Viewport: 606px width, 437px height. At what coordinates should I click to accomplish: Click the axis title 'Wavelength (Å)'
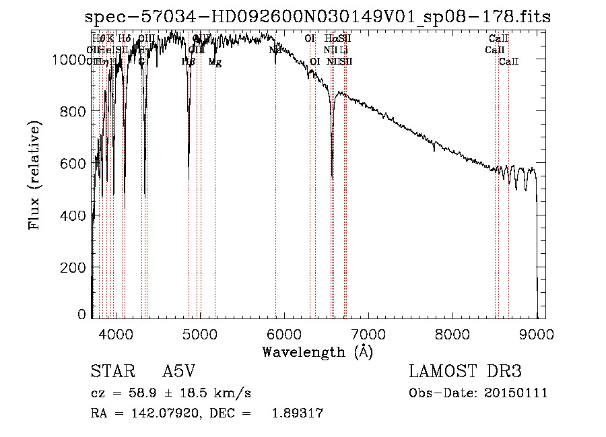318,351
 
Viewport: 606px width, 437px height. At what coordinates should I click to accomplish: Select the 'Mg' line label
215,62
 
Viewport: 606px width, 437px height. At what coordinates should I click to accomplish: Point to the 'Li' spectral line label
344,50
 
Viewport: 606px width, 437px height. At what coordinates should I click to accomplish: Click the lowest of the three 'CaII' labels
508,62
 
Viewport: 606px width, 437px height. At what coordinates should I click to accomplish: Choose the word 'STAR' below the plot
108,372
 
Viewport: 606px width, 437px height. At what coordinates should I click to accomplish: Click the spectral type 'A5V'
180,372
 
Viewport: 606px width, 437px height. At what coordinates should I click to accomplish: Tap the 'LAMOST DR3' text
465,372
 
